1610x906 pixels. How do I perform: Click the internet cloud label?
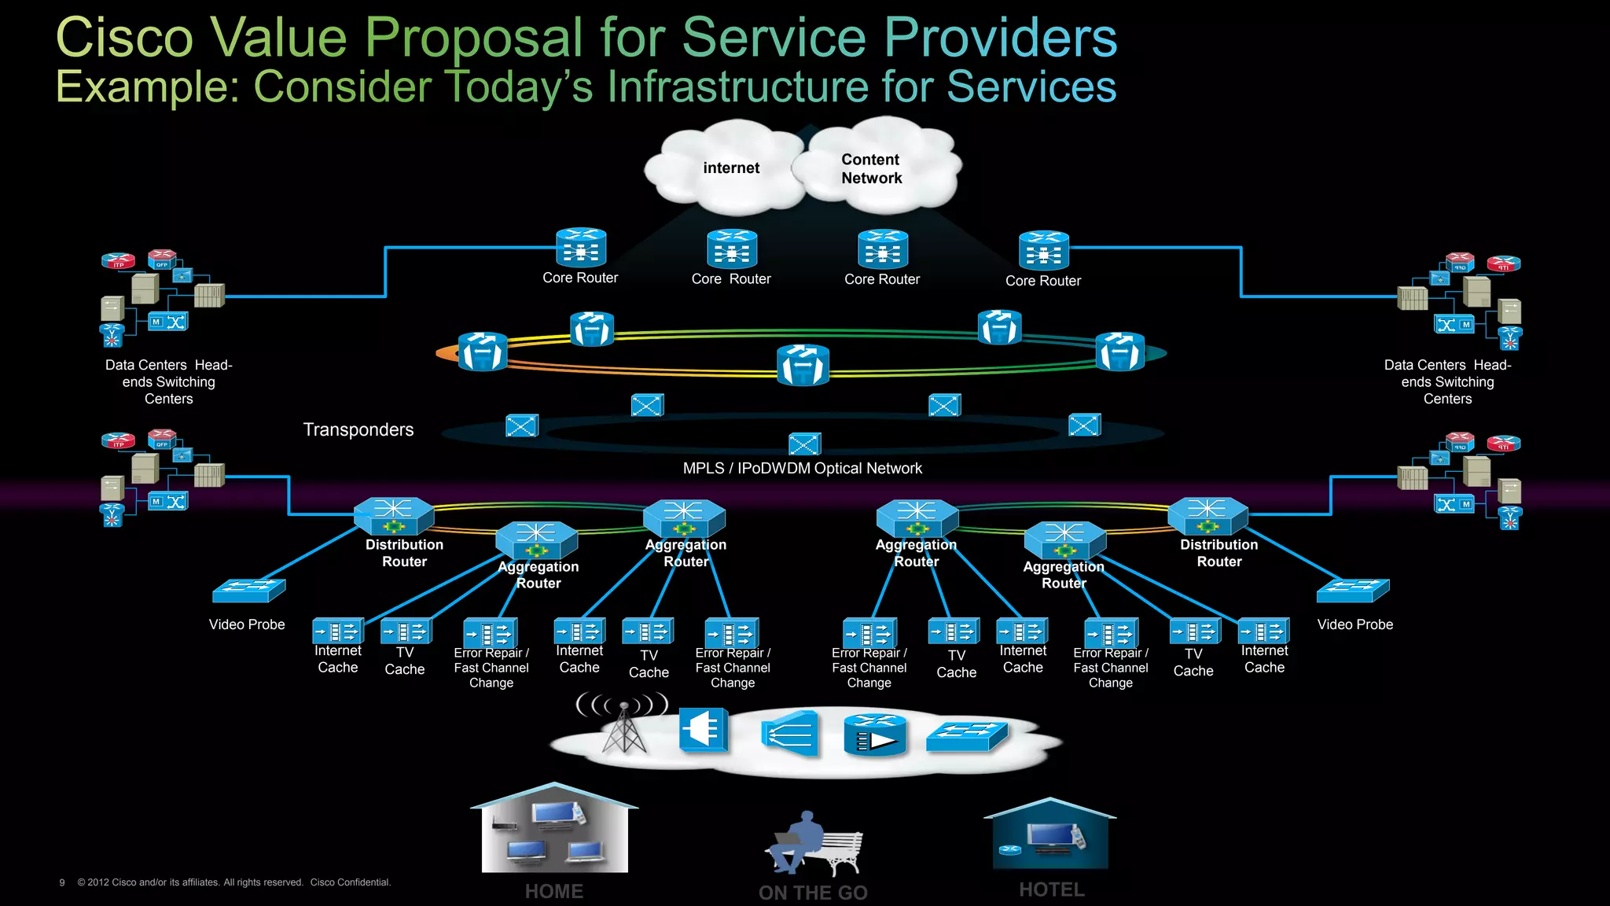(731, 168)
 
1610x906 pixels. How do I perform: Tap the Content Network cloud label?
(871, 168)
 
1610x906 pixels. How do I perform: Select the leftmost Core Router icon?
(581, 248)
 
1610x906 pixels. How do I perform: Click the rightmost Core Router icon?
(1043, 251)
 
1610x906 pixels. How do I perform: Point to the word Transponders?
(358, 429)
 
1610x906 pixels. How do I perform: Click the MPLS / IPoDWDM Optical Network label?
(802, 468)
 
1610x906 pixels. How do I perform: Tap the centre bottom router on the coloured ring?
(803, 365)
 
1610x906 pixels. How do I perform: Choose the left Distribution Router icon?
(393, 516)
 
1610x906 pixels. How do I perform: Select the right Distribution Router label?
(1219, 553)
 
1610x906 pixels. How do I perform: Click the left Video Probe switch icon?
(249, 590)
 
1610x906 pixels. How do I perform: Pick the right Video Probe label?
(1355, 624)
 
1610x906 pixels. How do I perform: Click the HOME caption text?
(554, 891)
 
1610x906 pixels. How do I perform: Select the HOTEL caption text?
(1052, 889)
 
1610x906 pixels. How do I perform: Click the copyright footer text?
(234, 882)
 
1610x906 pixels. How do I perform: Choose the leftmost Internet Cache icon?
(338, 632)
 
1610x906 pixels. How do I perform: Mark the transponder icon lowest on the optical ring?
(804, 444)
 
